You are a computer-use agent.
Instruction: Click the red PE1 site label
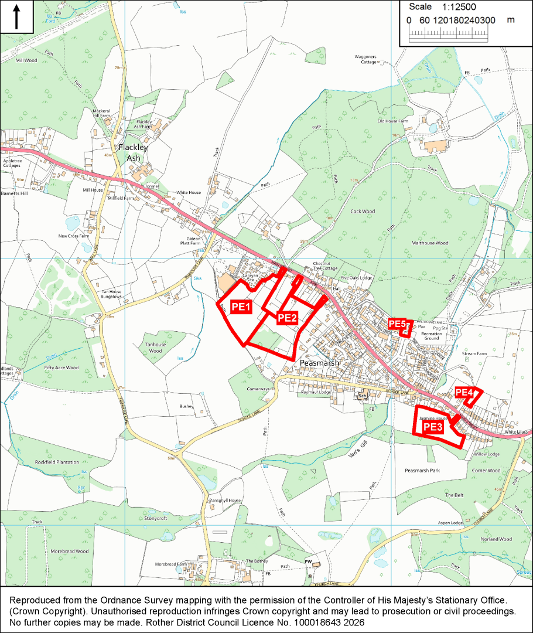(241, 307)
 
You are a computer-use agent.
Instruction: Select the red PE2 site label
(287, 318)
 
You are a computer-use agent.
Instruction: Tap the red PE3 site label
(432, 427)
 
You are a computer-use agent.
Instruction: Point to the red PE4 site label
(464, 392)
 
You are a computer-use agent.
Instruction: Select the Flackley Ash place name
(133, 153)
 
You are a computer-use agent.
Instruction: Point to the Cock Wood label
(362, 212)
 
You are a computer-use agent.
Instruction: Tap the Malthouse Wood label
(429, 243)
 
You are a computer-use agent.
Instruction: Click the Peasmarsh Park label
(422, 471)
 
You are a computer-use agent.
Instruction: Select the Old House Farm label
(392, 121)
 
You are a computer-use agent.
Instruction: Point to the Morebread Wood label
(69, 552)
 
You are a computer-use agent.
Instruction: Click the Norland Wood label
(496, 539)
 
